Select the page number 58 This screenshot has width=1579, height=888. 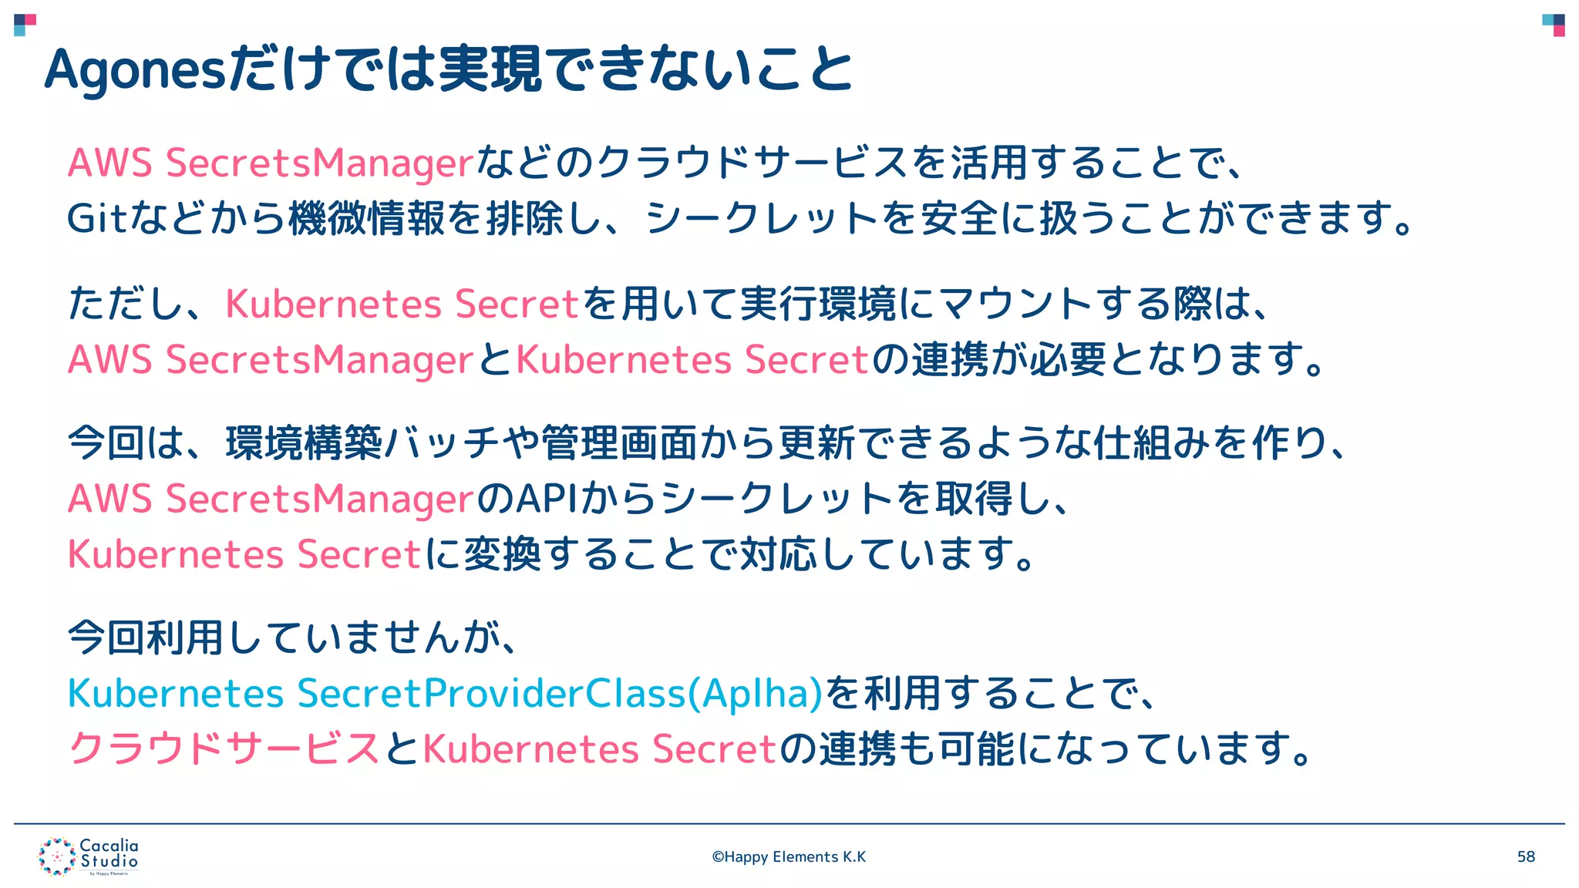1526,857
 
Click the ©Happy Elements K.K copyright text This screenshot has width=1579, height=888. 789,857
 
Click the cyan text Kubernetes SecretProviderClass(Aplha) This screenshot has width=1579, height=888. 446,693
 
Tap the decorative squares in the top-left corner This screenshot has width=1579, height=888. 25,25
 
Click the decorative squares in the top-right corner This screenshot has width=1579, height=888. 1554,25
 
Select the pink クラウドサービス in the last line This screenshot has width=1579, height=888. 224,748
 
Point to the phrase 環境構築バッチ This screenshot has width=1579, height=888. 344,443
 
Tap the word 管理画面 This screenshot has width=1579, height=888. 619,443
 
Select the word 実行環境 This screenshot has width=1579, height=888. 817,304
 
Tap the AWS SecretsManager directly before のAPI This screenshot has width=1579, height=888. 270,499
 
